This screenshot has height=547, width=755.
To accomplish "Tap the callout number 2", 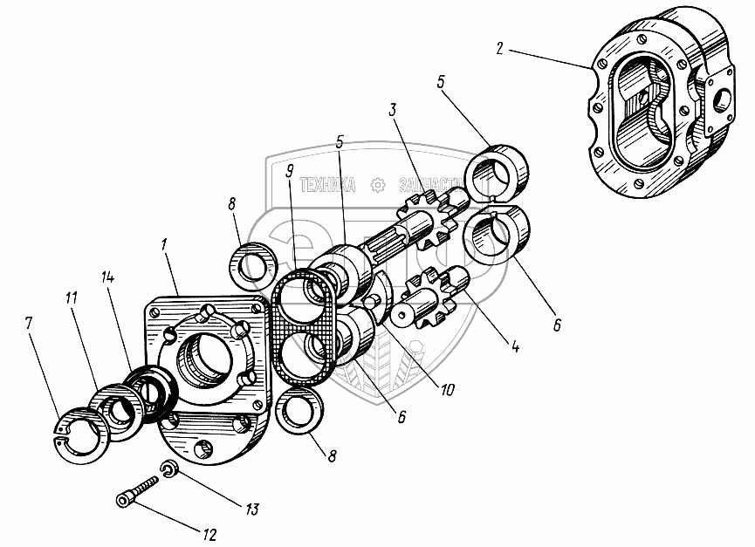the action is coord(499,47).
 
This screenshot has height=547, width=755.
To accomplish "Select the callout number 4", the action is coord(515,346).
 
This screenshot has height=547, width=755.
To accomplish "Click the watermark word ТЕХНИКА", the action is coord(327,185).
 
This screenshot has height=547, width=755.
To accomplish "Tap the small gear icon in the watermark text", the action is coord(377,185).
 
